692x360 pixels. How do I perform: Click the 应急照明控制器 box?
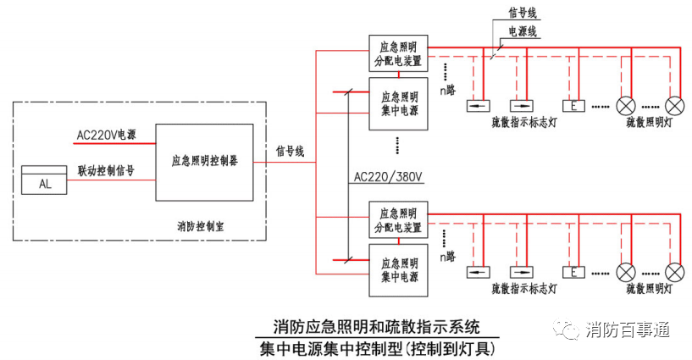click(x=204, y=163)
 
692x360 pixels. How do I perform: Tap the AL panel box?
click(x=44, y=180)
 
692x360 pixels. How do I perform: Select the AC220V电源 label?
click(x=107, y=135)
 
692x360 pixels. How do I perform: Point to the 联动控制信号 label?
click(x=106, y=171)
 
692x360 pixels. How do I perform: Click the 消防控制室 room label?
click(x=201, y=227)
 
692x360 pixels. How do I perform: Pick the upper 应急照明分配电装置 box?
click(x=399, y=53)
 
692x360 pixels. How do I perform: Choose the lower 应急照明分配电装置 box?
click(x=399, y=220)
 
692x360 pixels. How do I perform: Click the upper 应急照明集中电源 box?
click(x=399, y=103)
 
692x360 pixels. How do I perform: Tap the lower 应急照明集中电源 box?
click(x=399, y=270)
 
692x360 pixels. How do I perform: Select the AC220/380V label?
click(x=388, y=177)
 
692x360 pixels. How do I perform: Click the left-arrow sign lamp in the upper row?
click(x=479, y=106)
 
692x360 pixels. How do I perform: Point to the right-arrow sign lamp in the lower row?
click(x=522, y=273)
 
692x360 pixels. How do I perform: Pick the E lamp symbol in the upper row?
click(x=573, y=106)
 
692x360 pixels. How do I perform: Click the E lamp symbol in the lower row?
click(x=573, y=273)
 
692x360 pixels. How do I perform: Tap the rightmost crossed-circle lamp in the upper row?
click(x=674, y=106)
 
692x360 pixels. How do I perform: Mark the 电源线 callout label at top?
click(x=523, y=32)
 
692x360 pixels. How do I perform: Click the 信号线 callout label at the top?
click(x=523, y=13)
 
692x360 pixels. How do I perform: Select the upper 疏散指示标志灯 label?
click(x=524, y=122)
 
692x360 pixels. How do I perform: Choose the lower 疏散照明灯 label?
click(x=649, y=289)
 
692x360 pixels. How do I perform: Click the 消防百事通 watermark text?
click(x=628, y=330)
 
